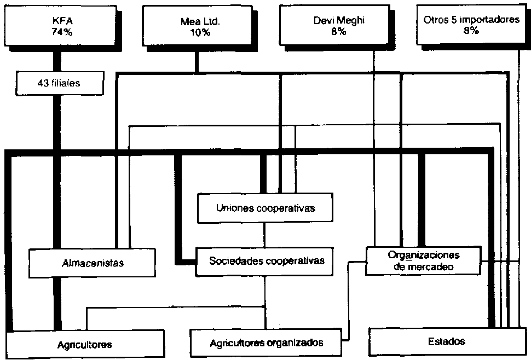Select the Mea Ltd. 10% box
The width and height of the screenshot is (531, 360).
click(196, 26)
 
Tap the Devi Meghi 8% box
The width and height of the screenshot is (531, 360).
click(338, 26)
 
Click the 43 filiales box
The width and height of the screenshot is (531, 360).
click(53, 84)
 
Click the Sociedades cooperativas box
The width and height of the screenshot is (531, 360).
click(267, 260)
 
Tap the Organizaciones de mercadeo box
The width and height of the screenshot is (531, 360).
click(423, 261)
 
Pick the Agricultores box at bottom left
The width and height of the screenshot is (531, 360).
click(85, 344)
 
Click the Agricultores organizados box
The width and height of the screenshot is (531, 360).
click(267, 343)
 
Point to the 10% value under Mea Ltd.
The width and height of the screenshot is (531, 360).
click(196, 33)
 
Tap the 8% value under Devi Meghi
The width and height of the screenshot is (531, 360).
click(338, 32)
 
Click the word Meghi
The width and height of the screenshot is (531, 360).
click(353, 21)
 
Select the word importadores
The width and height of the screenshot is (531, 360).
click(490, 20)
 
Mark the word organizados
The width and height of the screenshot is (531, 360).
click(295, 343)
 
